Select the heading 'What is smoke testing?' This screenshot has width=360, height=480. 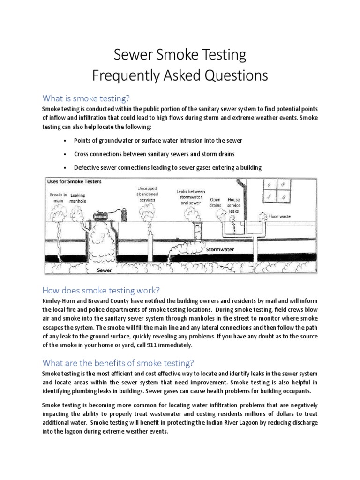point(85,98)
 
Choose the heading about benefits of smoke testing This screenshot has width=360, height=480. point(118,363)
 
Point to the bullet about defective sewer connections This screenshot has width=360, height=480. point(167,167)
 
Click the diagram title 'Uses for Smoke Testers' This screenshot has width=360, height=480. point(75,181)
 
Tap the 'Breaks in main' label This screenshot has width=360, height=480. point(59,197)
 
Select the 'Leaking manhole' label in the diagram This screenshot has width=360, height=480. point(78,198)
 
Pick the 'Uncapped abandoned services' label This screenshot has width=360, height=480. point(147,194)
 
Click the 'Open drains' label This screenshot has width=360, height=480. point(215,202)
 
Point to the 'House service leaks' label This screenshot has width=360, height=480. point(233,205)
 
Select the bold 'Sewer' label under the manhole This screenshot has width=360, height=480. point(104,270)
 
